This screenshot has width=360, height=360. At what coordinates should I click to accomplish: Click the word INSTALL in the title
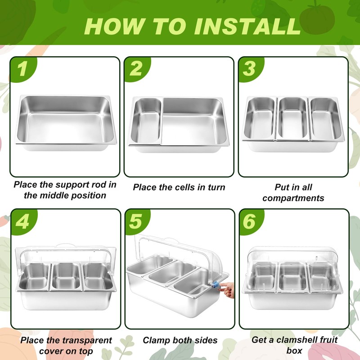[x=247, y=26]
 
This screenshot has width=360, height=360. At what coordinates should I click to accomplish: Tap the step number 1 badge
[x=23, y=69]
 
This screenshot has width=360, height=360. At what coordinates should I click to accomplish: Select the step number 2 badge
[x=136, y=69]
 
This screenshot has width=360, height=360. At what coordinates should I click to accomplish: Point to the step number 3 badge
[x=250, y=69]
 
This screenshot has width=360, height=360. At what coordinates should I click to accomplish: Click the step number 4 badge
[x=23, y=221]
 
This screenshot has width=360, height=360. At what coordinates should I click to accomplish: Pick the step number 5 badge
[x=136, y=221]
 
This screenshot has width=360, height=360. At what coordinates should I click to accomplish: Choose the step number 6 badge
[x=250, y=221]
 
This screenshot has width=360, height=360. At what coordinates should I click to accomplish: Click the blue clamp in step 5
[x=216, y=285]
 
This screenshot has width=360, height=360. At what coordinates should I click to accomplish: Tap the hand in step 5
[x=227, y=290]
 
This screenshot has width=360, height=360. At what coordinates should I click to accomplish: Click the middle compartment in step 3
[x=293, y=119]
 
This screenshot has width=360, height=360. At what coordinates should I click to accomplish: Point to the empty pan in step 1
[x=66, y=123]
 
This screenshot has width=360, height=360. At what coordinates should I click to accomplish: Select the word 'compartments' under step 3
[x=293, y=198]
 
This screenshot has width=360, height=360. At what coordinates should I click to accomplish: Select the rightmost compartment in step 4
[x=98, y=276]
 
